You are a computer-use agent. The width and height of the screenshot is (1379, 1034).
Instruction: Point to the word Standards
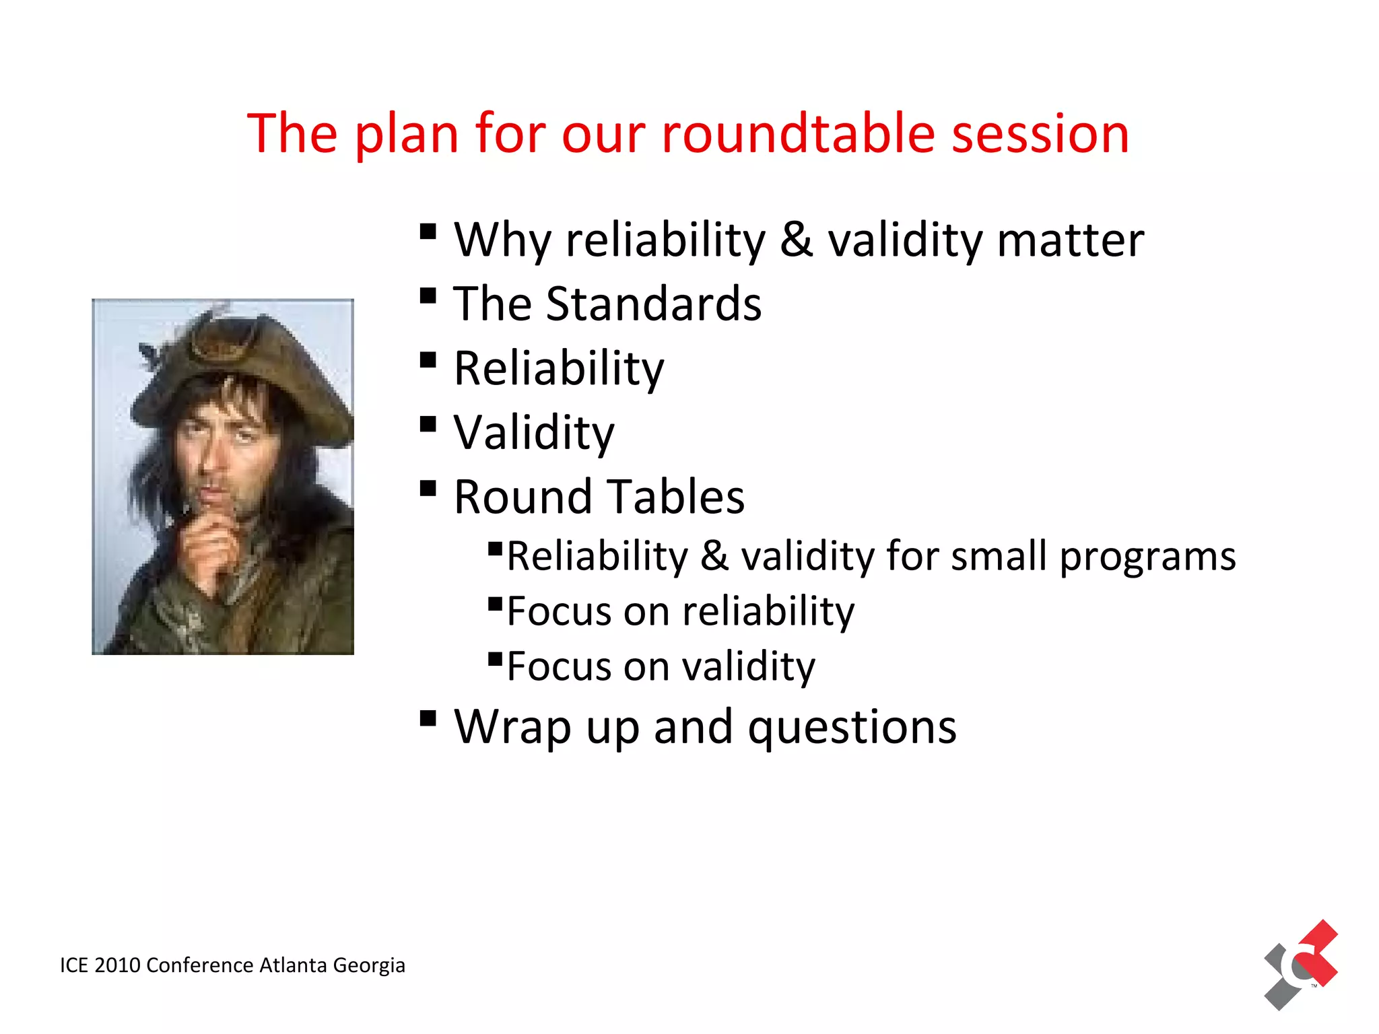pos(653,304)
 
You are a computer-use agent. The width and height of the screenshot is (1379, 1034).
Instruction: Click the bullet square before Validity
pos(428,424)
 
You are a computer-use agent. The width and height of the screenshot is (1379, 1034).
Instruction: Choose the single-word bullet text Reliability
pos(558,368)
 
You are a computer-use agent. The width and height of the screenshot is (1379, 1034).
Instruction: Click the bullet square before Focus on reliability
pos(496,602)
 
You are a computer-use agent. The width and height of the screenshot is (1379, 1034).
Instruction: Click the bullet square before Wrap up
pos(428,718)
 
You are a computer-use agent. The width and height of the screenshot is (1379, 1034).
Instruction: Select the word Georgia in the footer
pos(369,965)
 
